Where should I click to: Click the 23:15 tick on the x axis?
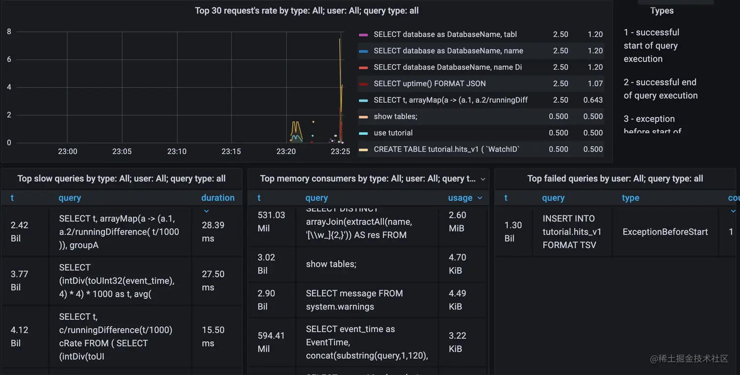pyautogui.click(x=231, y=152)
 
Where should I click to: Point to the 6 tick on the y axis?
pyautogui.click(x=9, y=60)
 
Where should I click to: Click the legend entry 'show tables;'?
pyautogui.click(x=395, y=117)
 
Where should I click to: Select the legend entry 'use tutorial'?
pyautogui.click(x=393, y=133)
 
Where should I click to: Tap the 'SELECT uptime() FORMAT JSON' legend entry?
pyautogui.click(x=430, y=84)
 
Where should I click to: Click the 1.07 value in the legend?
pyautogui.click(x=595, y=84)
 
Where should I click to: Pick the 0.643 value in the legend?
pyautogui.click(x=593, y=100)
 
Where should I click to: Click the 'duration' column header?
pyautogui.click(x=218, y=198)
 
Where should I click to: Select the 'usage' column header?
pyautogui.click(x=460, y=198)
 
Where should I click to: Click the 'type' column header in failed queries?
pyautogui.click(x=630, y=198)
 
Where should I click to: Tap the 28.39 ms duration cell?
pyautogui.click(x=213, y=232)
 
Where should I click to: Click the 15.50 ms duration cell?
pyautogui.click(x=213, y=336)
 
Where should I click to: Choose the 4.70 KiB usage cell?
pyautogui.click(x=458, y=264)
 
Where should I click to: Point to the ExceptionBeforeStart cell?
pyautogui.click(x=665, y=232)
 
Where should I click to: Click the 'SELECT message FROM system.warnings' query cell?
pyautogui.click(x=354, y=300)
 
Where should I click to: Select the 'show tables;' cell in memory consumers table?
pyautogui.click(x=331, y=264)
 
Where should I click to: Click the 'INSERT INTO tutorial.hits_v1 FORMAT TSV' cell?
pyautogui.click(x=572, y=232)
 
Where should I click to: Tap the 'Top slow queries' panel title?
pyautogui.click(x=121, y=179)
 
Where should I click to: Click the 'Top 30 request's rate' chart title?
pyautogui.click(x=307, y=11)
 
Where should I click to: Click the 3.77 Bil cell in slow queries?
pyautogui.click(x=20, y=281)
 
